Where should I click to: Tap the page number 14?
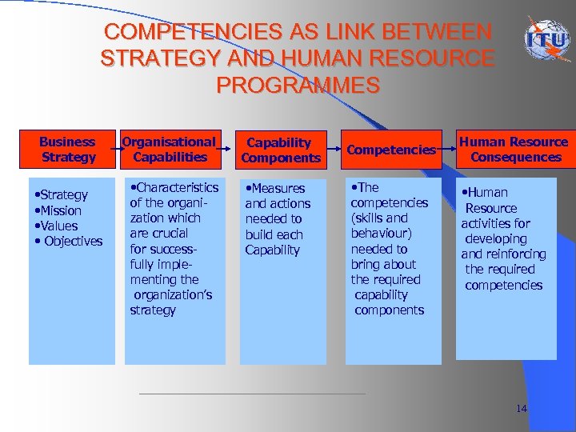pyautogui.click(x=521, y=409)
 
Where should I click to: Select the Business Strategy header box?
pyautogui.click(x=68, y=150)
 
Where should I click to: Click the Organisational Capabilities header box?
pyautogui.click(x=169, y=150)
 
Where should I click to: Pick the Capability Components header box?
pyautogui.click(x=279, y=150)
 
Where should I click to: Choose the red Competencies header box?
pyautogui.click(x=391, y=150)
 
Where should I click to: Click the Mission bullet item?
pyautogui.click(x=59, y=210)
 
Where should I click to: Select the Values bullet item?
pyautogui.click(x=57, y=226)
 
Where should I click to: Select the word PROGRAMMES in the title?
pyautogui.click(x=298, y=84)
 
